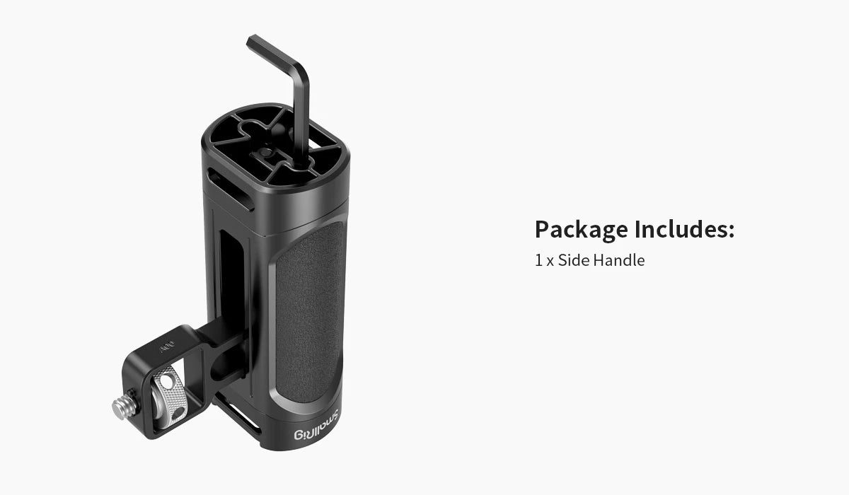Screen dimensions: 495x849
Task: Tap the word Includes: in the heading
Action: (684, 230)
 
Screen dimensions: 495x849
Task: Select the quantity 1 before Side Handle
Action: (538, 260)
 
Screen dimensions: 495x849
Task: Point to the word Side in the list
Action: (573, 260)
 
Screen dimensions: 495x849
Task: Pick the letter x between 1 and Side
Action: (550, 261)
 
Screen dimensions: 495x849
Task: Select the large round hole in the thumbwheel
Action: (166, 383)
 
